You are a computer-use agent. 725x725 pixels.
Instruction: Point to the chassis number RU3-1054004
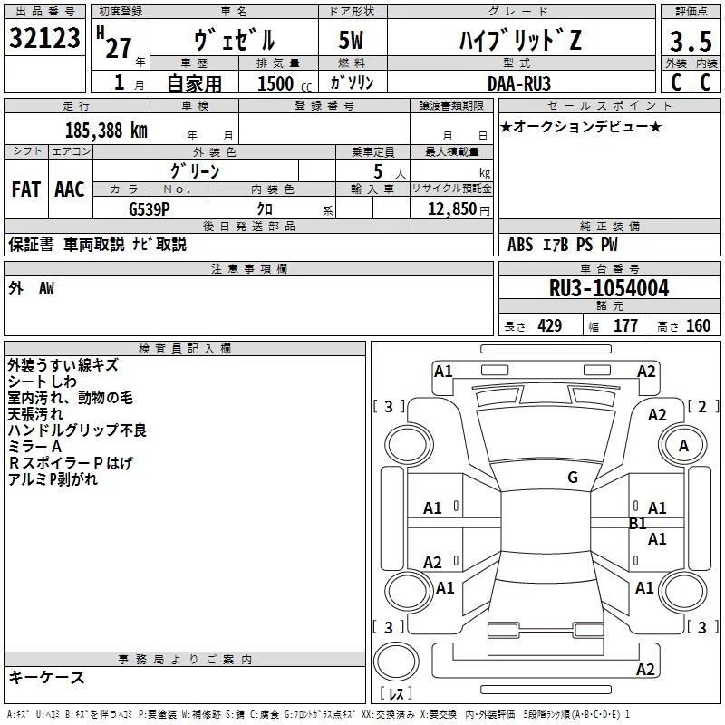(609, 289)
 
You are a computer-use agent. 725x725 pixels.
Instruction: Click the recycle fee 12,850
(451, 208)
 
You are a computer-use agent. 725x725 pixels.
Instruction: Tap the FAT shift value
(25, 188)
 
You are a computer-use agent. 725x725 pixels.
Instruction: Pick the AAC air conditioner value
(70, 188)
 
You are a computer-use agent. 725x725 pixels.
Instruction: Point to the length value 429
(549, 326)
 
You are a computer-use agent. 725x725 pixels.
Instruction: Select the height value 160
(698, 326)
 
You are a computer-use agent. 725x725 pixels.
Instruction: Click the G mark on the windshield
(573, 477)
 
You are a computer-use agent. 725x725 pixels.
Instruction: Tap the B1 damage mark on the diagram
(638, 523)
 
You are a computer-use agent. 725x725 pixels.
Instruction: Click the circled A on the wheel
(683, 445)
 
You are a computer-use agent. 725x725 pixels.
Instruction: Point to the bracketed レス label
(396, 694)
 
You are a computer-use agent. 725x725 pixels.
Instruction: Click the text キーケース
(46, 678)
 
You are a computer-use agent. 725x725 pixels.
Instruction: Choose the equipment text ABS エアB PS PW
(564, 245)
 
